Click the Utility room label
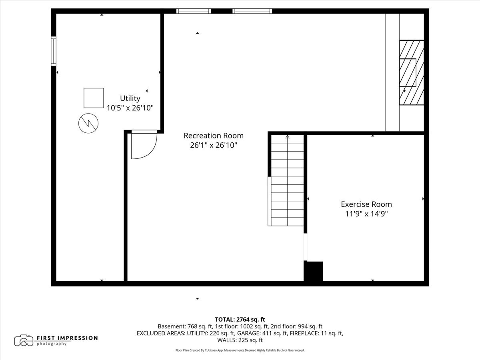tap(130, 98)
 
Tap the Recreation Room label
tap(214, 136)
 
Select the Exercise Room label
tap(366, 204)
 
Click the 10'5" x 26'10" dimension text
tap(130, 108)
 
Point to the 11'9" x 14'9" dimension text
tap(366, 214)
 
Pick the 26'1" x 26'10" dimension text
tap(214, 145)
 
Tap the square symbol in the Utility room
tap(94, 98)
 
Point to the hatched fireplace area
tap(411, 72)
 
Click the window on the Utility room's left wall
tap(53, 51)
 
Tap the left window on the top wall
tap(194, 11)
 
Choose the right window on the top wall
tap(252, 11)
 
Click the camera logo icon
tap(24, 340)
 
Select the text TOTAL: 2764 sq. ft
tap(240, 319)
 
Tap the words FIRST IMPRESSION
tap(67, 338)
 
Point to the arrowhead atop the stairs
tap(288, 137)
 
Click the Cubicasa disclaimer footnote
tap(240, 350)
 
